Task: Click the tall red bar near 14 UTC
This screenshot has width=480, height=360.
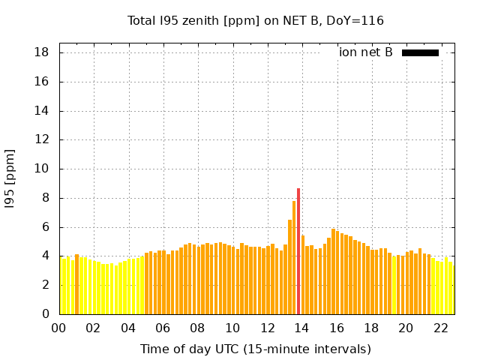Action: [298, 251]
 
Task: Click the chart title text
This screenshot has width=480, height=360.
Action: [256, 20]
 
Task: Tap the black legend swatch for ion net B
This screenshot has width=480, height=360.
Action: [420, 52]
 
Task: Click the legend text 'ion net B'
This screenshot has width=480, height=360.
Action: [365, 52]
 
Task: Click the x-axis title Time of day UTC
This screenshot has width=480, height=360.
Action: [256, 349]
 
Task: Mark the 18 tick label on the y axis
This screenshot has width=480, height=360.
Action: [42, 52]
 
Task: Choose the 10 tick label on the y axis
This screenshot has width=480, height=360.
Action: [42, 169]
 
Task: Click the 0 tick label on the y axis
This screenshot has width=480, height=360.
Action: [46, 314]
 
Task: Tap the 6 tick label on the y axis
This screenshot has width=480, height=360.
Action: [46, 227]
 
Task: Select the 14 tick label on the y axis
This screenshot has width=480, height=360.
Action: [42, 111]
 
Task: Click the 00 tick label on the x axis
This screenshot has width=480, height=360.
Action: [59, 328]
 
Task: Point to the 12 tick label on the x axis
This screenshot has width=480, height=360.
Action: [267, 328]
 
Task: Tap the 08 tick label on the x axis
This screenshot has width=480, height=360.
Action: [198, 328]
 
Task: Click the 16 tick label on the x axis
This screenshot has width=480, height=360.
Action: [337, 328]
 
